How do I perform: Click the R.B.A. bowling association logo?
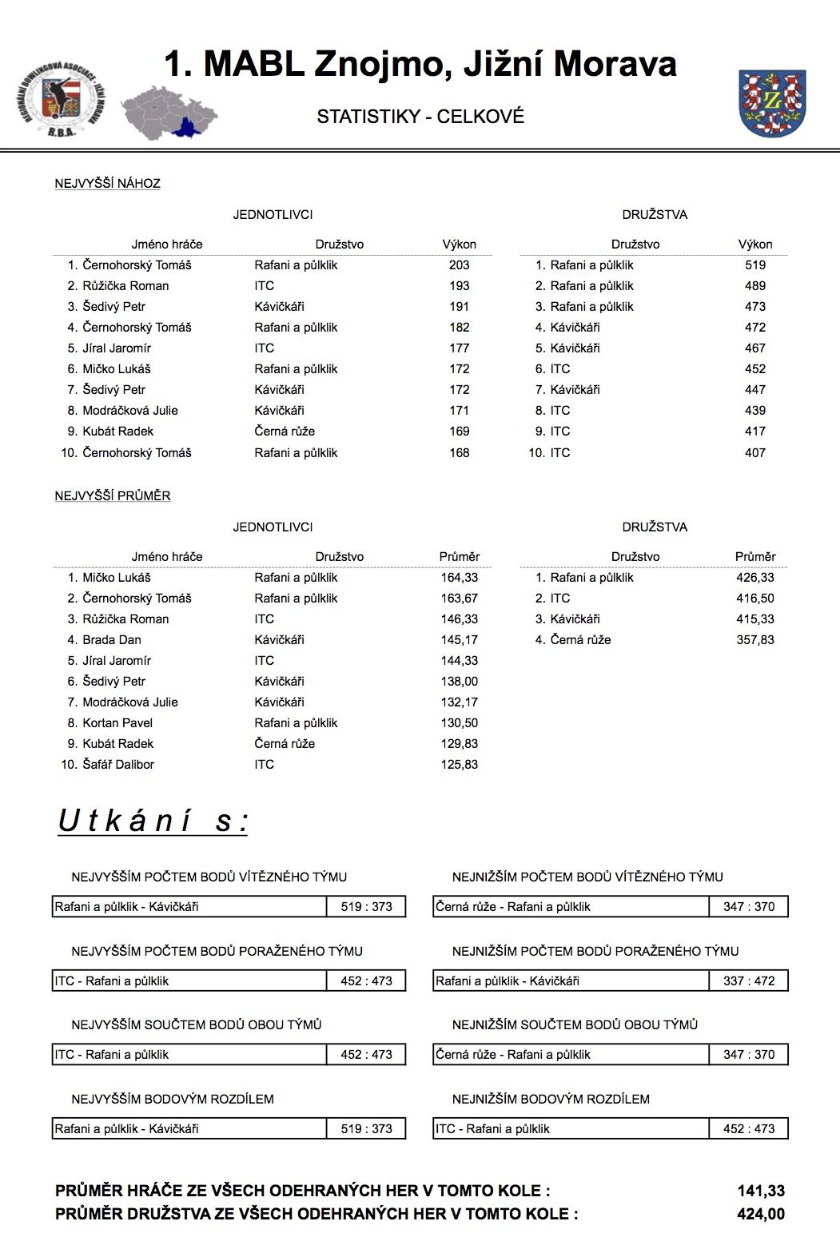pyautogui.click(x=60, y=100)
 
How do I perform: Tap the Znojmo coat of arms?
pyautogui.click(x=771, y=103)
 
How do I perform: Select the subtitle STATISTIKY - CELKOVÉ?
pyautogui.click(x=420, y=117)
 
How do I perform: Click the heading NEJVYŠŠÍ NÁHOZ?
pyautogui.click(x=107, y=184)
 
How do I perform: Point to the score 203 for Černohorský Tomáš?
pyautogui.click(x=459, y=265)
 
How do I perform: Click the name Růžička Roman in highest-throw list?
pyautogui.click(x=125, y=286)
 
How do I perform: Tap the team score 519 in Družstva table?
pyautogui.click(x=754, y=265)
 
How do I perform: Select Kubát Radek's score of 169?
pyautogui.click(x=459, y=432)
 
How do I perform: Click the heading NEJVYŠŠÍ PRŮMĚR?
pyautogui.click(x=112, y=496)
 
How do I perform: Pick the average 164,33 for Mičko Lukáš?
pyautogui.click(x=459, y=578)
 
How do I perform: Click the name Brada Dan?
pyautogui.click(x=112, y=640)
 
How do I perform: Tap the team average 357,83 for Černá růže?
pyautogui.click(x=754, y=640)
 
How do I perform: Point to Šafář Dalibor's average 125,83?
pyautogui.click(x=459, y=765)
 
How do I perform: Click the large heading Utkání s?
pyautogui.click(x=153, y=821)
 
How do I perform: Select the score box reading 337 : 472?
pyautogui.click(x=749, y=981)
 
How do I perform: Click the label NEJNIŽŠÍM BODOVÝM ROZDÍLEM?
pyautogui.click(x=551, y=1100)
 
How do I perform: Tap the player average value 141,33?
pyautogui.click(x=760, y=1191)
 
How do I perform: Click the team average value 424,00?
pyautogui.click(x=760, y=1215)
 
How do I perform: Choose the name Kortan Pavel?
pyautogui.click(x=117, y=723)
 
